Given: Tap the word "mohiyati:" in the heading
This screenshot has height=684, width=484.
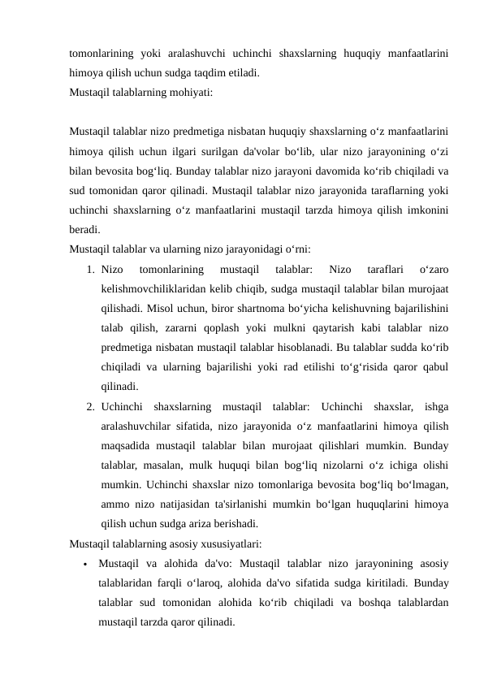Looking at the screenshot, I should (x=191, y=92).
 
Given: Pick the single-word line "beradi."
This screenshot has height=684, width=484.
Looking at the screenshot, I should (x=85, y=231).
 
